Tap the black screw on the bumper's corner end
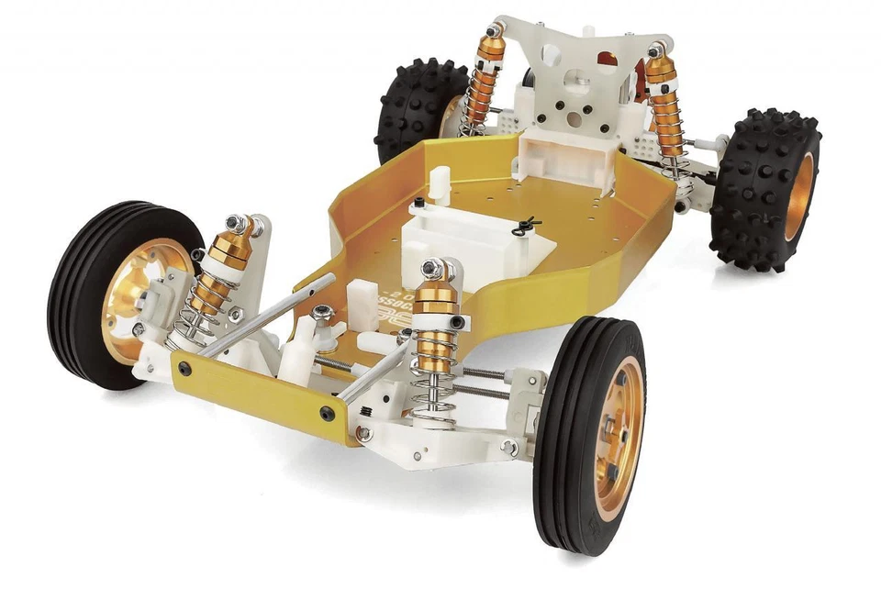[328, 414]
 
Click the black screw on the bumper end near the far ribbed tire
[185, 368]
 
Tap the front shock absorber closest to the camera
[433, 339]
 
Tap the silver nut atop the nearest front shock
[432, 269]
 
